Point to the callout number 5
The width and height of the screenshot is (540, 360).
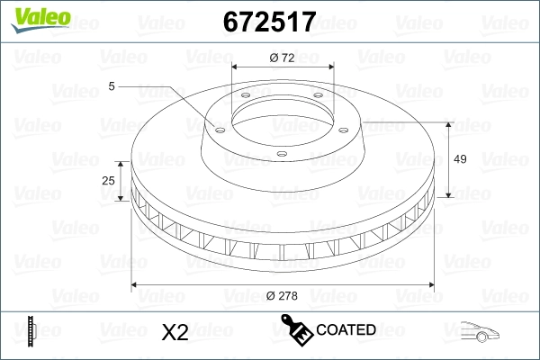(x=112, y=86)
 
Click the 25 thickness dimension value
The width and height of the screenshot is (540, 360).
(x=109, y=181)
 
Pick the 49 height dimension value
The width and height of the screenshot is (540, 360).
(x=460, y=159)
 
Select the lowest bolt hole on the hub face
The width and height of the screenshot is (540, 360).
(x=281, y=154)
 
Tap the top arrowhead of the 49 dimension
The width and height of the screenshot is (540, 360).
(x=447, y=125)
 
